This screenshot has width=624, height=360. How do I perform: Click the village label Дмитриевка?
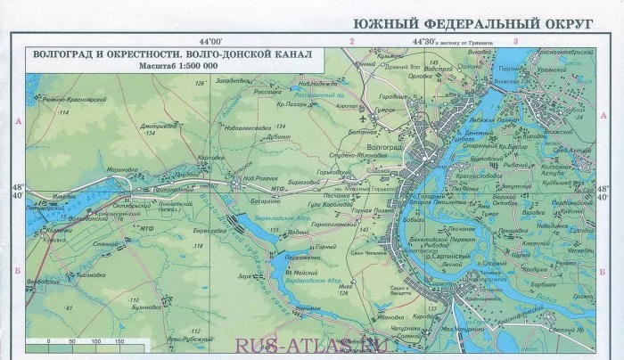(156, 127)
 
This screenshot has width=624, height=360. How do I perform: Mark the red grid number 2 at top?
(352, 42)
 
